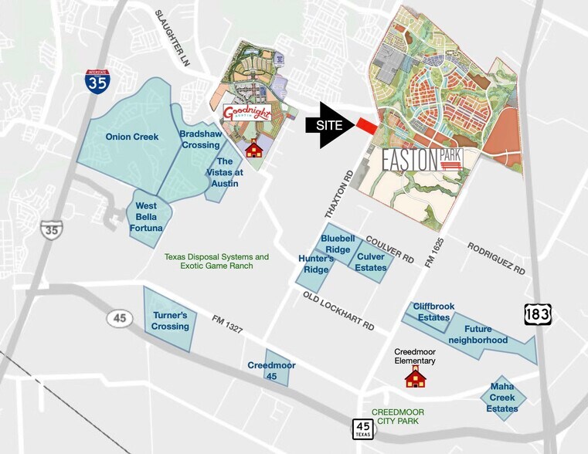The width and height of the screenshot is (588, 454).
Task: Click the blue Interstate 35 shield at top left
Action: (x=97, y=81)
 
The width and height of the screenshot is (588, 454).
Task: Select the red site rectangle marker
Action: (x=366, y=126)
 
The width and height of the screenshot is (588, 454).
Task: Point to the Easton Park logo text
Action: (x=422, y=160)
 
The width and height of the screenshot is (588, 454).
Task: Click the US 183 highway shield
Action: (x=536, y=313)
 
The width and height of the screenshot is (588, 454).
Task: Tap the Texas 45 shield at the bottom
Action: (x=363, y=429)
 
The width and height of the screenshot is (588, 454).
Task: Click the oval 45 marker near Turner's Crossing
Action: (x=120, y=317)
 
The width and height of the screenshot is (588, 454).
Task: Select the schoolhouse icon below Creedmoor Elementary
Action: (x=416, y=377)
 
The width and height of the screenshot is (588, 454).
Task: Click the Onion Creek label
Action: (x=132, y=137)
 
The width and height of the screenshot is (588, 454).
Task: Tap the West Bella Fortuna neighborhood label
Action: (x=147, y=217)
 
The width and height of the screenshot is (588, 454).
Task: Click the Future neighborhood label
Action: (x=485, y=334)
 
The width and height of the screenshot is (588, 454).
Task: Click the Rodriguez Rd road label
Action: (x=495, y=259)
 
